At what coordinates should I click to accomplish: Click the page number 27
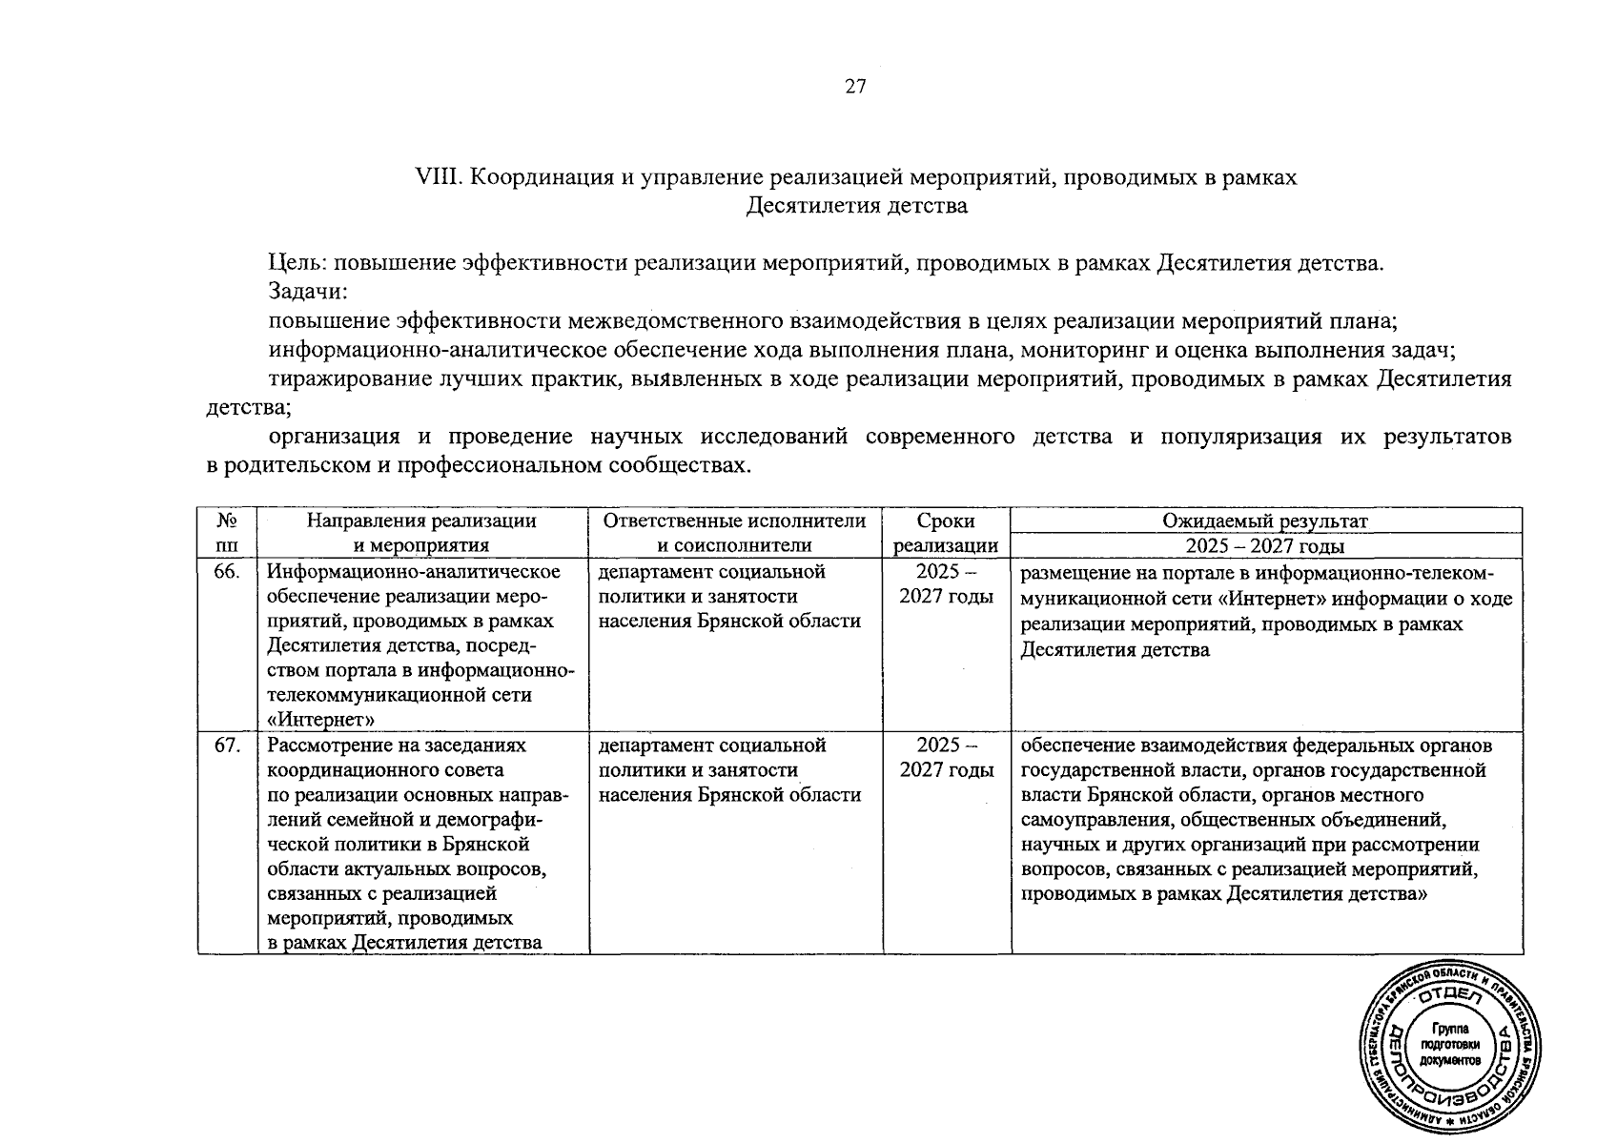point(855,87)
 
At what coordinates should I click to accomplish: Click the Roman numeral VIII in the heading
point(439,177)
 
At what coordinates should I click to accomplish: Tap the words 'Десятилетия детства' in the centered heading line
point(856,206)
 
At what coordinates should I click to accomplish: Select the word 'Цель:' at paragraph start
point(297,264)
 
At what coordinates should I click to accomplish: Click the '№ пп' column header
point(227,533)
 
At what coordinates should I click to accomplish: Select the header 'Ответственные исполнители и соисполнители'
point(735,533)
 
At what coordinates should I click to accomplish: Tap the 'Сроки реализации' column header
point(946,533)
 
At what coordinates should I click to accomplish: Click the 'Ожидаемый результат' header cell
point(1265,521)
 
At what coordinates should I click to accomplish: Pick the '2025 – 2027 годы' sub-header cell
point(1265,546)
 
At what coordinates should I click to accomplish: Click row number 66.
point(227,572)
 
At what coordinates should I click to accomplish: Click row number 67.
point(227,746)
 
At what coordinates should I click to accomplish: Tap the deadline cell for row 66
point(946,583)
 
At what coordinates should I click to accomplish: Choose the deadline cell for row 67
point(946,757)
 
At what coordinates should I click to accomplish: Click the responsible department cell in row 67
point(730,769)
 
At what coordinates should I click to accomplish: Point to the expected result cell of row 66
point(1265,611)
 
